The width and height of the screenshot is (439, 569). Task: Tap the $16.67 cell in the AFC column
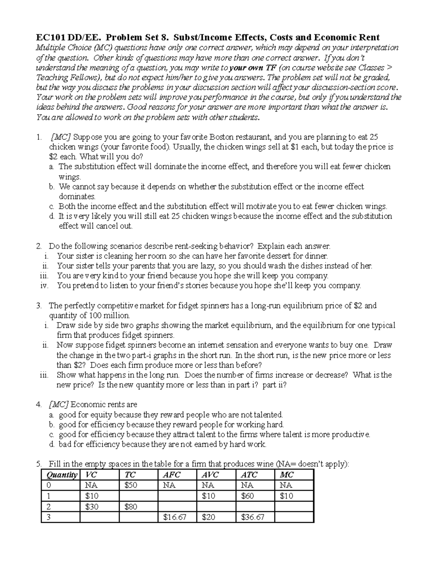coord(175,517)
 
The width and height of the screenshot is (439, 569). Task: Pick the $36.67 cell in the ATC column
coord(253,517)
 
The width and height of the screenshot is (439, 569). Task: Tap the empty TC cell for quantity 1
coord(138,496)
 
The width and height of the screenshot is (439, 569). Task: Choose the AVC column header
coord(210,475)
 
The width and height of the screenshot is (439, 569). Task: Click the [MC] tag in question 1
coord(62,137)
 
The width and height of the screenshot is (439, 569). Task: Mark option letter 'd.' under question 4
coord(52,444)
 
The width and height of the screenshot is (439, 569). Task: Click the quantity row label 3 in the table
coord(49,517)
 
